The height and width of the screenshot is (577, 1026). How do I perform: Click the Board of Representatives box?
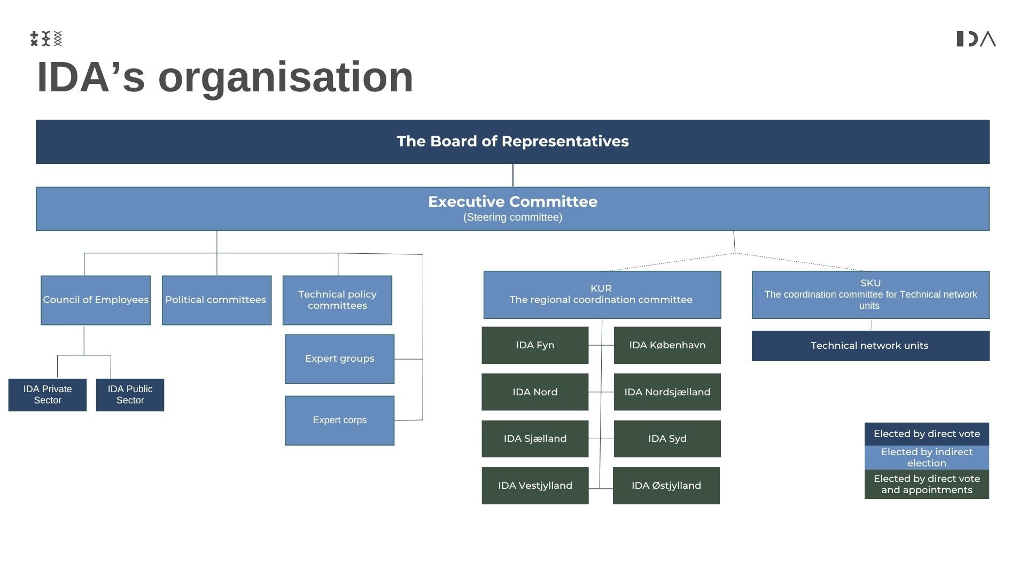click(x=512, y=142)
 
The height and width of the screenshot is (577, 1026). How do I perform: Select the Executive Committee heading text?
click(x=512, y=202)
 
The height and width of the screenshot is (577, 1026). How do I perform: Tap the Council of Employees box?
click(x=96, y=300)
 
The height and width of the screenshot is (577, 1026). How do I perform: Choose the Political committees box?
click(x=216, y=300)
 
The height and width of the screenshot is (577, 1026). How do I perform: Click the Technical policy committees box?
click(x=337, y=300)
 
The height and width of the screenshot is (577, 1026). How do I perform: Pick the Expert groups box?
click(x=339, y=358)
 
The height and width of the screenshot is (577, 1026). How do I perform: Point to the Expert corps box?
click(x=339, y=420)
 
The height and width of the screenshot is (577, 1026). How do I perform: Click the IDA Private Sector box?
click(x=48, y=395)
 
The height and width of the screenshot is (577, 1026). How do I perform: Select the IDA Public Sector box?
click(x=130, y=395)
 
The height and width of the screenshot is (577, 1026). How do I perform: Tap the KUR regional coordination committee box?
click(x=602, y=294)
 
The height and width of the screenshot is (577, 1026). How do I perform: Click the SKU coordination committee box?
click(x=870, y=294)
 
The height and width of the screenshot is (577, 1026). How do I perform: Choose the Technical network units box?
click(x=870, y=346)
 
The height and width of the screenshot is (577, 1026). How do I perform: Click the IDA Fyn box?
click(x=535, y=345)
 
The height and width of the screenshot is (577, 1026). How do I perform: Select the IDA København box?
click(x=667, y=345)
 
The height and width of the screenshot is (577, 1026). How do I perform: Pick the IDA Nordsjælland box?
click(x=667, y=392)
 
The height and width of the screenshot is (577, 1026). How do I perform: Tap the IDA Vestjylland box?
click(x=535, y=486)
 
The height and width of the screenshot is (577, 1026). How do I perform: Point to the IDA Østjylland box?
click(x=666, y=486)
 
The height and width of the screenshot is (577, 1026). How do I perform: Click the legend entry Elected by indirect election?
click(x=927, y=457)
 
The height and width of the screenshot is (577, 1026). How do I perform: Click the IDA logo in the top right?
click(x=976, y=39)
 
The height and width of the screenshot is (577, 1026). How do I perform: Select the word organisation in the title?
click(x=285, y=77)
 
